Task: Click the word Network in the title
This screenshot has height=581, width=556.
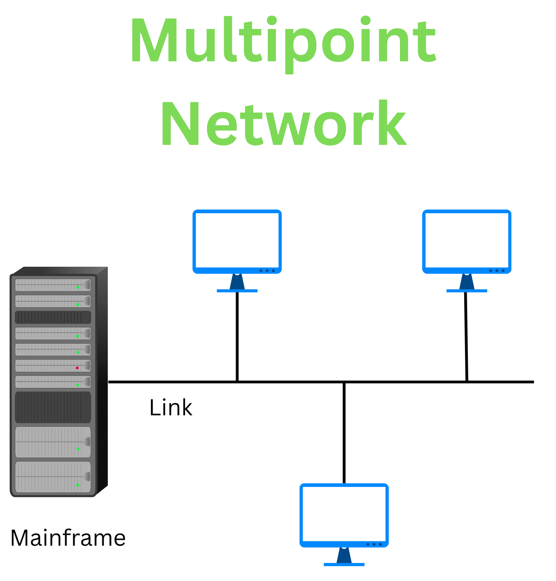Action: (x=283, y=124)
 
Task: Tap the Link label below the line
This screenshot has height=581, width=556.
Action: (x=171, y=408)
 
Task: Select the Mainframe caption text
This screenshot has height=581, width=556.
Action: (x=68, y=538)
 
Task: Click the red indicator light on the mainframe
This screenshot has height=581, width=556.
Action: (x=77, y=368)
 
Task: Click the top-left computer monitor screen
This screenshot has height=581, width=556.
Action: (x=237, y=240)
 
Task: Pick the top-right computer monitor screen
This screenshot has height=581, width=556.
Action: (x=467, y=240)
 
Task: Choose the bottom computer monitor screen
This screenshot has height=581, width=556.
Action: (x=344, y=513)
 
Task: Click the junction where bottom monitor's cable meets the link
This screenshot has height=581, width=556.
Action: (x=344, y=382)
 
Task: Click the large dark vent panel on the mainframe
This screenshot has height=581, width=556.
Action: (x=53, y=407)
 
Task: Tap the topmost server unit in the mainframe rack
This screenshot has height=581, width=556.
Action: (x=53, y=285)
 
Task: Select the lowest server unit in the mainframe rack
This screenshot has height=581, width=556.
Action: (x=53, y=477)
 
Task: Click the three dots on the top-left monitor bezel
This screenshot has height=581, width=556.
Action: (x=267, y=270)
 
